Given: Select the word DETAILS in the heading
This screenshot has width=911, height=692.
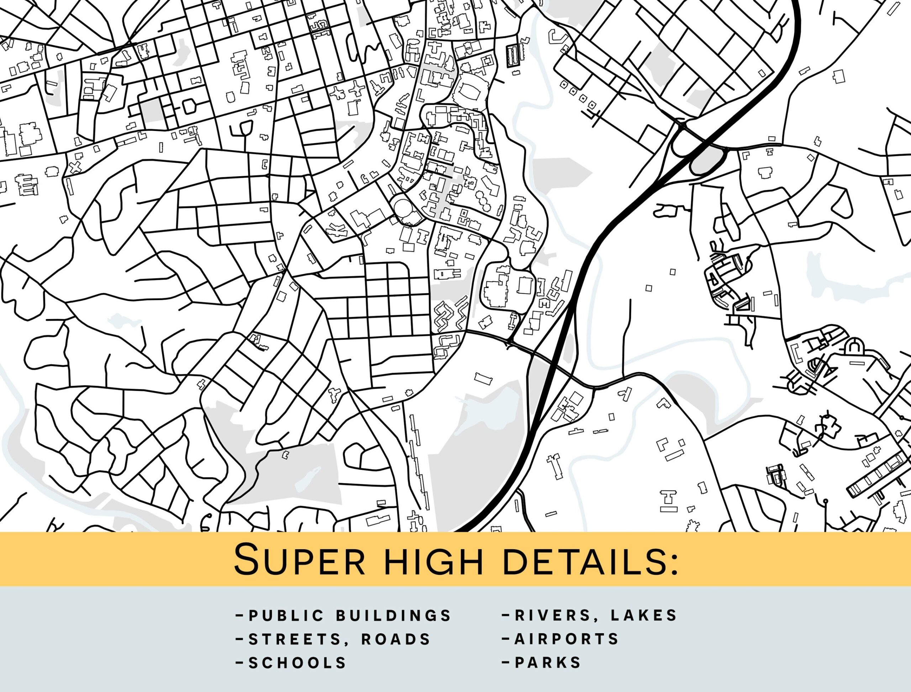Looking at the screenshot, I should pyautogui.click(x=576, y=561).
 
